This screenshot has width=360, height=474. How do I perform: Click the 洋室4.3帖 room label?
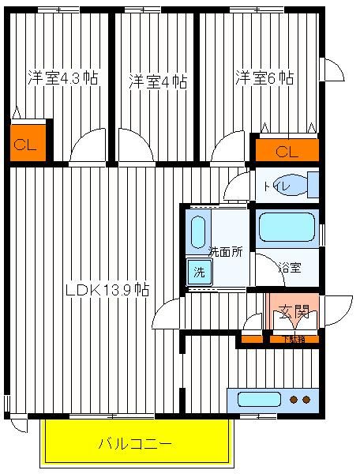(63, 78)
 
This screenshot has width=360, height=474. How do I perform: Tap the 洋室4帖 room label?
(158, 81)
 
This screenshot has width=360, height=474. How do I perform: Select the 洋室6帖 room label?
(264, 78)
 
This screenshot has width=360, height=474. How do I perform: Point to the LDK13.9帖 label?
(107, 290)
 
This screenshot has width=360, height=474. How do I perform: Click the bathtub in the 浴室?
(287, 227)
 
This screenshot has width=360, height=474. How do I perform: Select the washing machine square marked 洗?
(199, 272)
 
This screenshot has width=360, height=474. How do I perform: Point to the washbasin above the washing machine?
(198, 231)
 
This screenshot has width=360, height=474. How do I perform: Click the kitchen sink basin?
(260, 400)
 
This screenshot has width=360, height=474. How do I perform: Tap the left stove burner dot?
(294, 400)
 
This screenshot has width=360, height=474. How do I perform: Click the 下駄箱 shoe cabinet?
(294, 339)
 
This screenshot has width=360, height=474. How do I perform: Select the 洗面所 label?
(226, 252)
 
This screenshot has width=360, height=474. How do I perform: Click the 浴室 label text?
(290, 268)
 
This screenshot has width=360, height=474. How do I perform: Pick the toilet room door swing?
(238, 186)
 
